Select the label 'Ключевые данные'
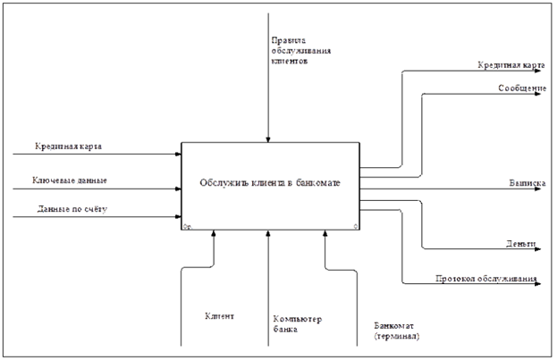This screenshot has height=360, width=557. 71,180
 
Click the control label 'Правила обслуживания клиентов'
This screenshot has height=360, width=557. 301,53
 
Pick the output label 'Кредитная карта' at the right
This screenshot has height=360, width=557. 506,65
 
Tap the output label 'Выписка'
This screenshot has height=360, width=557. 527,182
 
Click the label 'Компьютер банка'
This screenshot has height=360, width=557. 298,324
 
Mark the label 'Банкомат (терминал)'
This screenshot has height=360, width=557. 396,331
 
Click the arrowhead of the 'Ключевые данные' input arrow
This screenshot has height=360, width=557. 178,189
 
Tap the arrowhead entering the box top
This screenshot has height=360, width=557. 268,138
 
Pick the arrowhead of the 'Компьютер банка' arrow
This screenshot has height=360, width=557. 268,235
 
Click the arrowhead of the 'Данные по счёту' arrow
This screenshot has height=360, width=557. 178,217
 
